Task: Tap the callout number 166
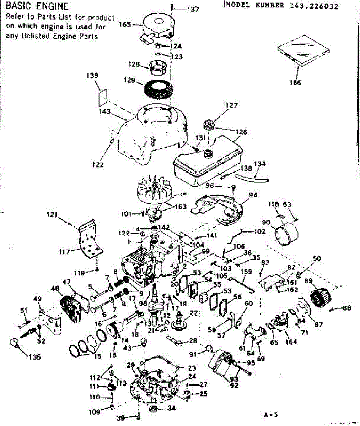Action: tap(295, 83)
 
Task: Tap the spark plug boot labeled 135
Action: tap(15, 344)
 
